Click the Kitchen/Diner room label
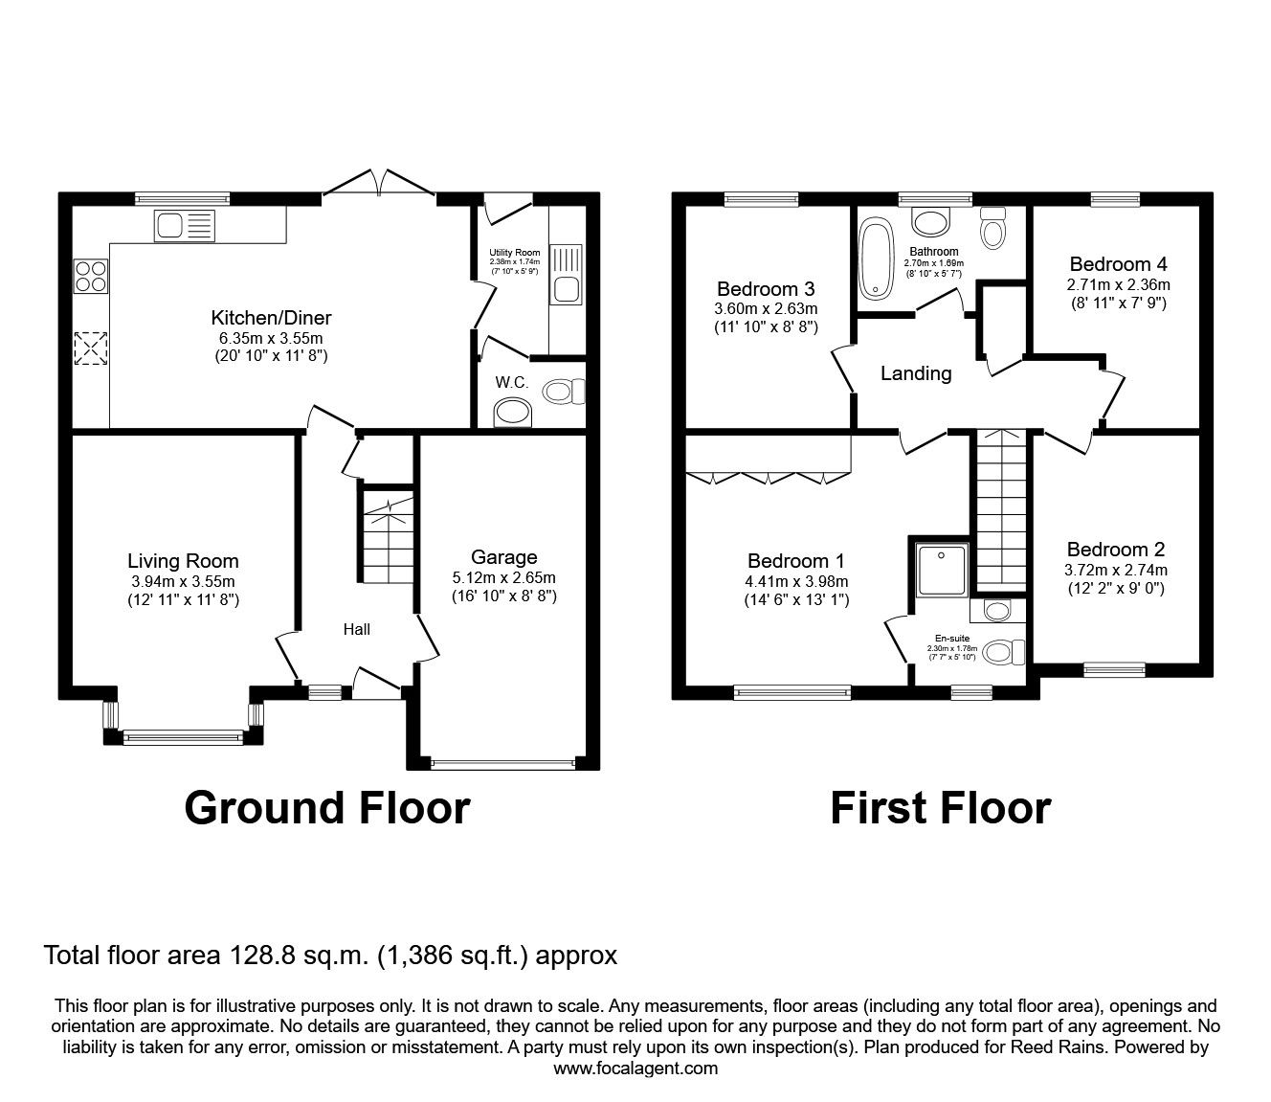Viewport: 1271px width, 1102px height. click(271, 318)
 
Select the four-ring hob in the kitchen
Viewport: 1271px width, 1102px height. click(91, 276)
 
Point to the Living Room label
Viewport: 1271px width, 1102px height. click(183, 562)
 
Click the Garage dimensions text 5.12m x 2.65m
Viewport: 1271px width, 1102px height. click(504, 577)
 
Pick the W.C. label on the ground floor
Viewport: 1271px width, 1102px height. click(512, 382)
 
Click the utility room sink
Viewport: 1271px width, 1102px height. click(564, 288)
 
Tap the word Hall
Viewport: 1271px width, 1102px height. click(357, 629)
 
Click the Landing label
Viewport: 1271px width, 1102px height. click(916, 373)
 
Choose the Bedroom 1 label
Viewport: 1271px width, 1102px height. click(796, 561)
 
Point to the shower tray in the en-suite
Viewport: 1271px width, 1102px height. click(943, 570)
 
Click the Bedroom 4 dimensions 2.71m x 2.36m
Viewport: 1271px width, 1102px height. click(1118, 284)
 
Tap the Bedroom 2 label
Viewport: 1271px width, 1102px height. click(1116, 550)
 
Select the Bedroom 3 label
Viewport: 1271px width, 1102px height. click(767, 289)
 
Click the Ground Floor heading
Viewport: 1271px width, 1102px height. click(326, 807)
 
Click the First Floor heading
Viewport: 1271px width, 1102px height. click(940, 807)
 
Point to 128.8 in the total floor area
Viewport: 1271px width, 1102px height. click(258, 956)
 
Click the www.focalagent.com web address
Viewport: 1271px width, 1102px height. click(635, 1068)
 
